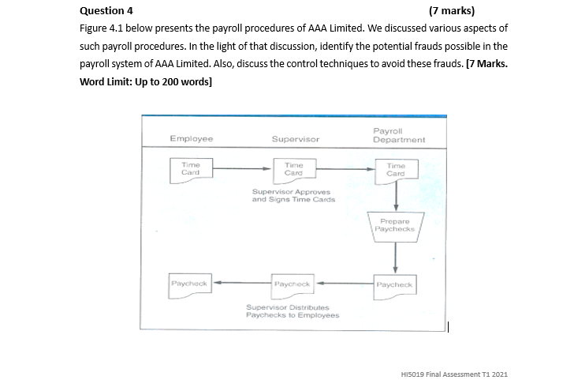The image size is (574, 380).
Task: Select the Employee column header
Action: point(191,138)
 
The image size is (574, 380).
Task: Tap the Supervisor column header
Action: point(295,138)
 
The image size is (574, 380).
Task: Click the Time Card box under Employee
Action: point(191,168)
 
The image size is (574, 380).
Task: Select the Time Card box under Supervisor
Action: point(293,168)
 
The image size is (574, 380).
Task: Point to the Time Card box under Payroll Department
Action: point(396,169)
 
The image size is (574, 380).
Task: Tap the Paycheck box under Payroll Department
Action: point(394,284)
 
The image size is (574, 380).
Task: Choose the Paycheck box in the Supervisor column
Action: point(293,282)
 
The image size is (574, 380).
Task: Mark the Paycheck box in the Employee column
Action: point(190,282)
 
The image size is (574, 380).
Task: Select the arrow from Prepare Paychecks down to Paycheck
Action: point(395,256)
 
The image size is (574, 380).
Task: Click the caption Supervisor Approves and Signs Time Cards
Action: point(293,195)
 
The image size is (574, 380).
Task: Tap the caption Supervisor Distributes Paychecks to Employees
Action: point(293,310)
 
